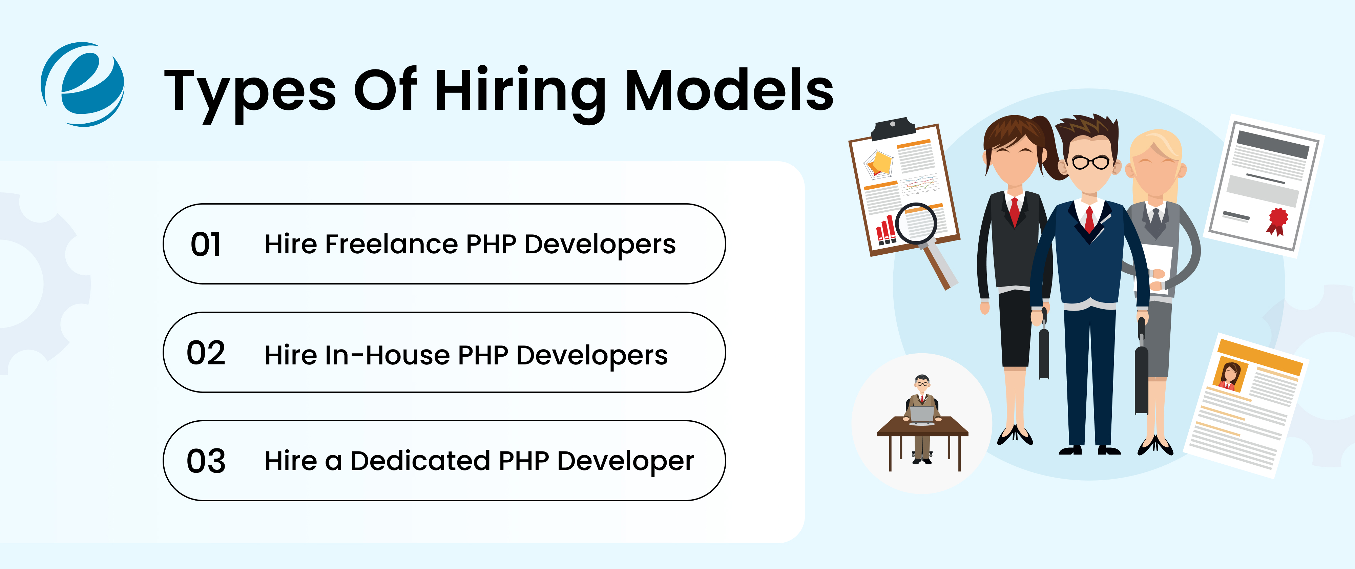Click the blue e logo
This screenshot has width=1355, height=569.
83,84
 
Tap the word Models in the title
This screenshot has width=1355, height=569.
729,90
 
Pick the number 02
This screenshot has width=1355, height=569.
206,353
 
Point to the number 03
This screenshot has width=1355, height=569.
206,461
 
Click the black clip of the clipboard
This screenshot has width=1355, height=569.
893,129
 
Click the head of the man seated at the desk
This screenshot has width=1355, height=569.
921,382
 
